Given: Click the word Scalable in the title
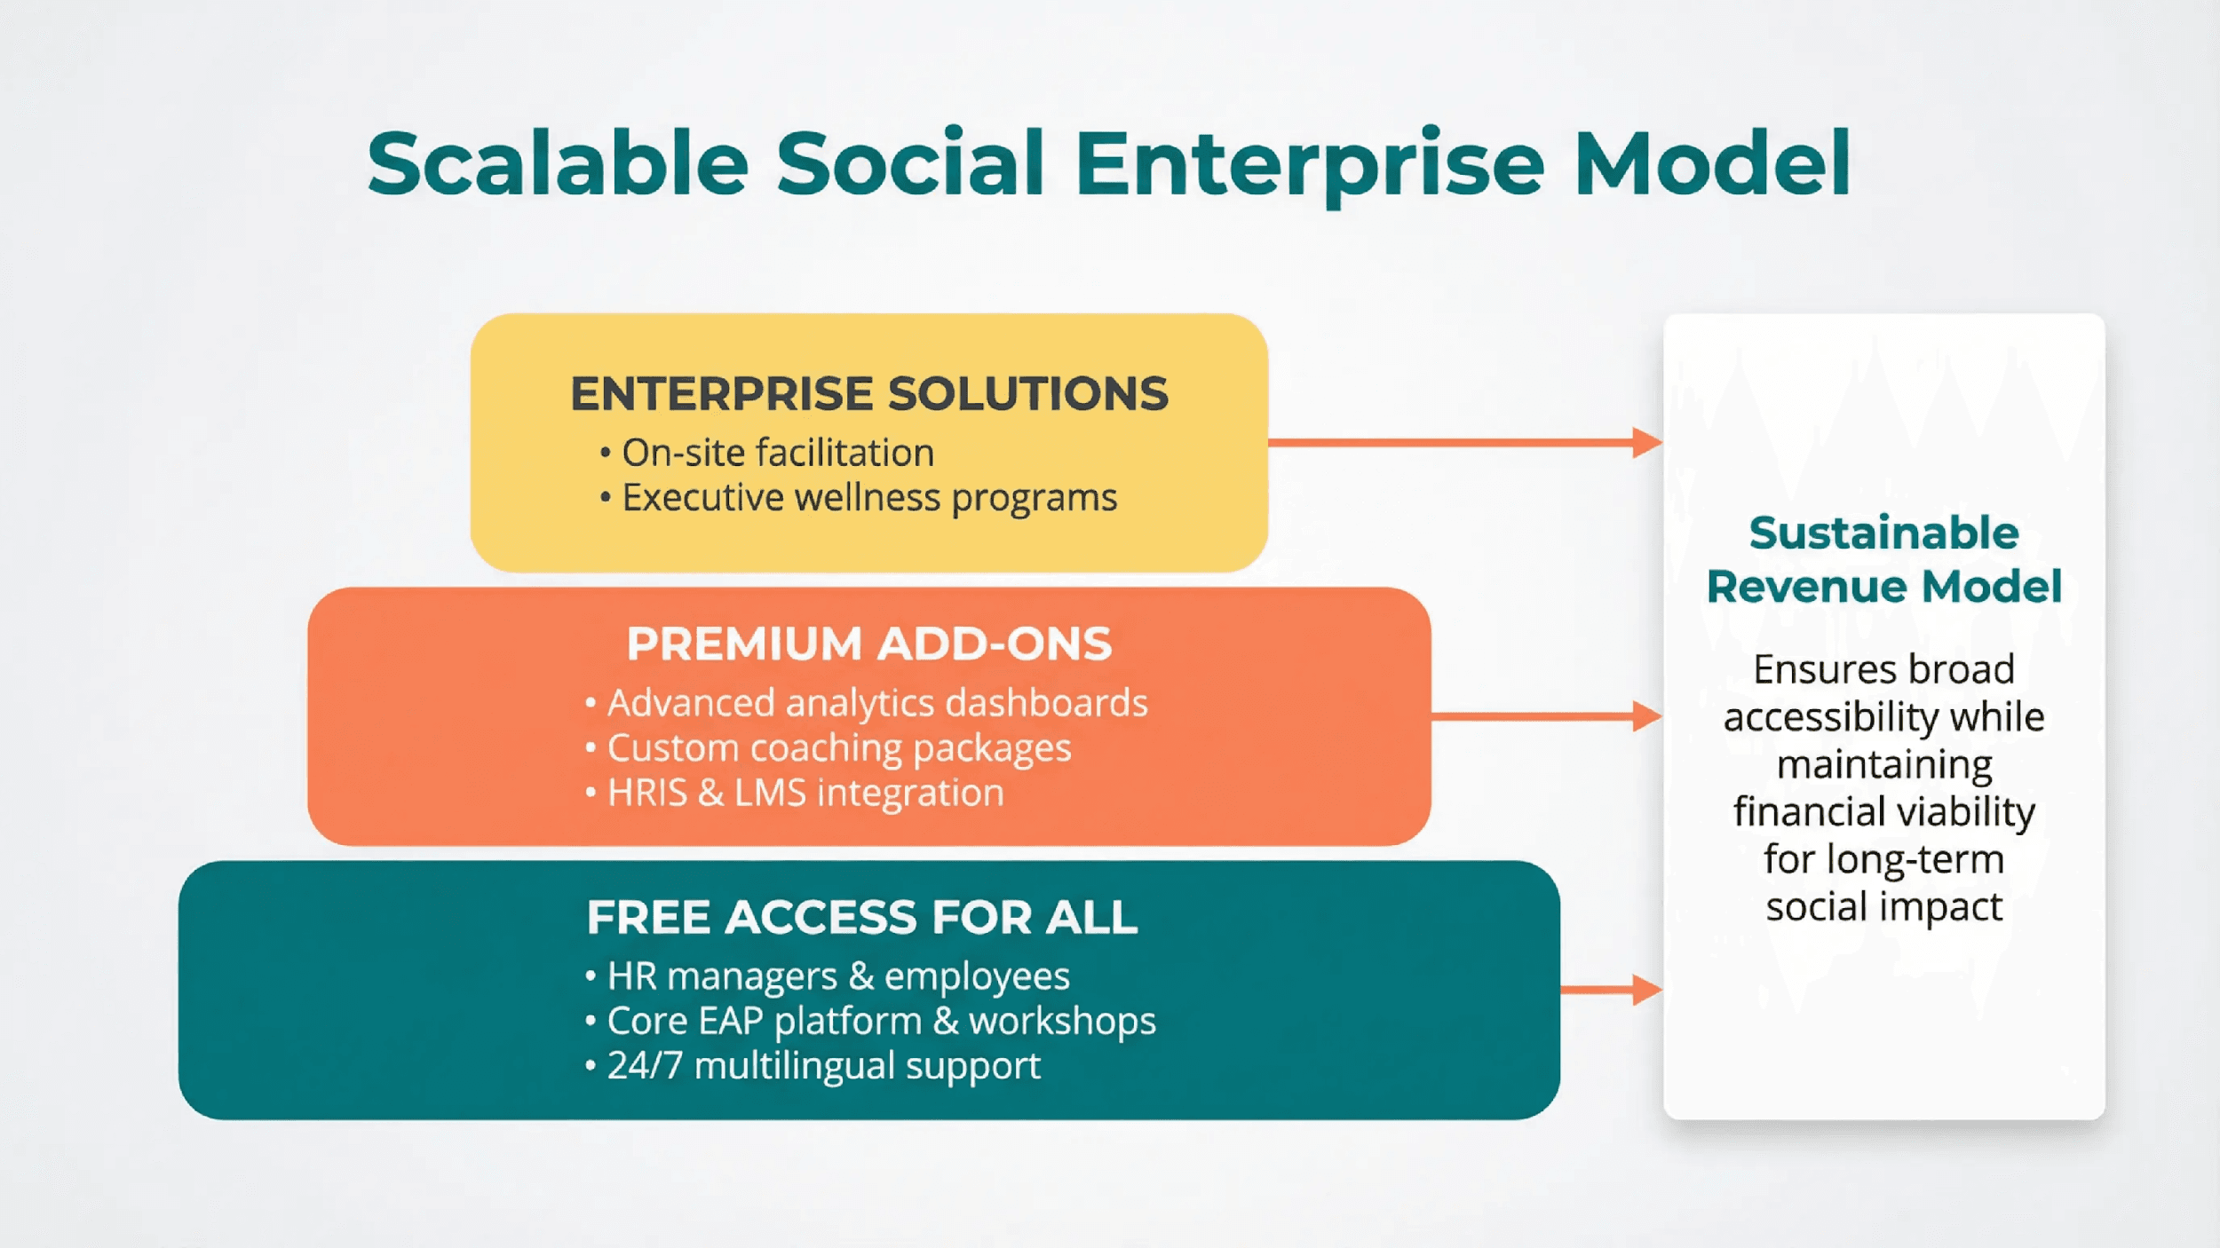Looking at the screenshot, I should [558, 164].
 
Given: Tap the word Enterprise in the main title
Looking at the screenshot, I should [1310, 164].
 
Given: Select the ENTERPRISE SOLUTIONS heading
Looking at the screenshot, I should [868, 394].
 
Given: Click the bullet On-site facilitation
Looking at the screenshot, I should [777, 453].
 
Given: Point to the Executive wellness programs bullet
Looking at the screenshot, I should [868, 498].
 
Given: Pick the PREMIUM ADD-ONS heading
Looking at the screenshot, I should [868, 644].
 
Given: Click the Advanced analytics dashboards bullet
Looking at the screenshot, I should [876, 703].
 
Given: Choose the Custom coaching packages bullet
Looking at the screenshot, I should [838, 748].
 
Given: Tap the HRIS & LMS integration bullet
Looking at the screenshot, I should [805, 793].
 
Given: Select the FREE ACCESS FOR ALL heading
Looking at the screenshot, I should [861, 918].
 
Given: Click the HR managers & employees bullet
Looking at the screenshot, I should [837, 976].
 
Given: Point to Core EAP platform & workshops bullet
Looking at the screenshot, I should [880, 1021].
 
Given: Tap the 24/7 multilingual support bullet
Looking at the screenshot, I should [822, 1066].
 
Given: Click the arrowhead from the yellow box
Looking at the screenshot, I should [1646, 442].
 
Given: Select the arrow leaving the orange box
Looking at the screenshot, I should [1545, 716].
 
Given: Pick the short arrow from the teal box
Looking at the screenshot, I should [1610, 990].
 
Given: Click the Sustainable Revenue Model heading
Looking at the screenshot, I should [1883, 559].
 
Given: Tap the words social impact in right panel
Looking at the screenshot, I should [1883, 907].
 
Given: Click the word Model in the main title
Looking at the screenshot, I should [1712, 164].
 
